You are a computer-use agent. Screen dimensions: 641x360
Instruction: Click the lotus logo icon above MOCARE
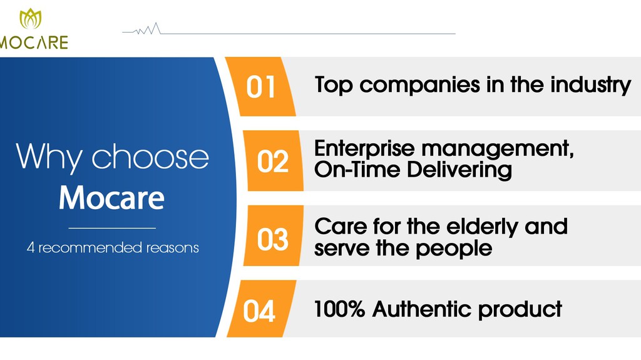coord(31,19)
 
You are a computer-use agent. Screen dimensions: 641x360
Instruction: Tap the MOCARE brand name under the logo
coord(34,43)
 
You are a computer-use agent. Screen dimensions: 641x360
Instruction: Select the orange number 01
coord(260,87)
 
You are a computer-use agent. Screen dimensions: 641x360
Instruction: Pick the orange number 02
coord(273,161)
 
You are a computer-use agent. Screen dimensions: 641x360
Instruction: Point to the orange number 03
coord(273,239)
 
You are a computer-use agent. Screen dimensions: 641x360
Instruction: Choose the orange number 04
coord(259,311)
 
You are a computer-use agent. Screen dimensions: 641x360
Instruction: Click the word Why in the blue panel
coord(49,157)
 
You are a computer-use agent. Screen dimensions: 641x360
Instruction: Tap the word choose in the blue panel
coord(150,157)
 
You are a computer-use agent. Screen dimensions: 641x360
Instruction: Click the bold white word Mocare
coord(111,198)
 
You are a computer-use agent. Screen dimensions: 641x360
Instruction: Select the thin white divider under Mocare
coord(112,228)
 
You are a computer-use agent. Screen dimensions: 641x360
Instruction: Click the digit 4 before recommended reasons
coord(31,248)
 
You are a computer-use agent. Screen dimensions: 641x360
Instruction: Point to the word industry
coord(590,85)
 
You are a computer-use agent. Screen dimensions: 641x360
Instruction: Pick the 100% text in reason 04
coord(339,309)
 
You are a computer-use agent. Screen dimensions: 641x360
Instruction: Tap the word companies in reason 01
coord(420,86)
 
